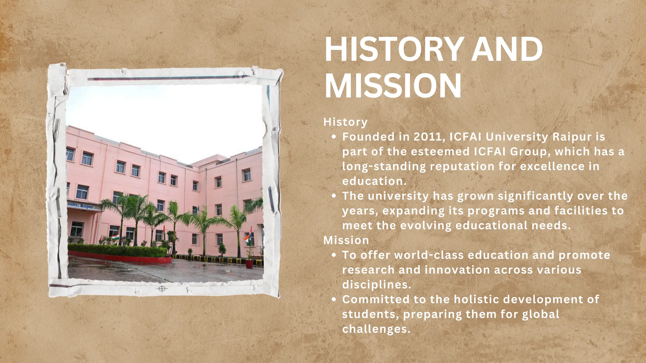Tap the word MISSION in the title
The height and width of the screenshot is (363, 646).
(393, 86)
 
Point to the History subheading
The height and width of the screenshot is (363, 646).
(345, 122)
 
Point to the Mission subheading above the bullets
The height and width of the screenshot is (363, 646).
(346, 240)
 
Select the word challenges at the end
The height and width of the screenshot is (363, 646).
(376, 329)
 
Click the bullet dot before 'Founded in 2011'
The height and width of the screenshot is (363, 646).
(334, 137)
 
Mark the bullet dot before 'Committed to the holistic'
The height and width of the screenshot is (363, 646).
(334, 300)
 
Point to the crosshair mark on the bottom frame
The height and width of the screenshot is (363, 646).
(162, 289)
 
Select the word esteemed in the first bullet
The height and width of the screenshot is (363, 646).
(440, 152)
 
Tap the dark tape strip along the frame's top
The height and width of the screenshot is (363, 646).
(167, 78)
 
